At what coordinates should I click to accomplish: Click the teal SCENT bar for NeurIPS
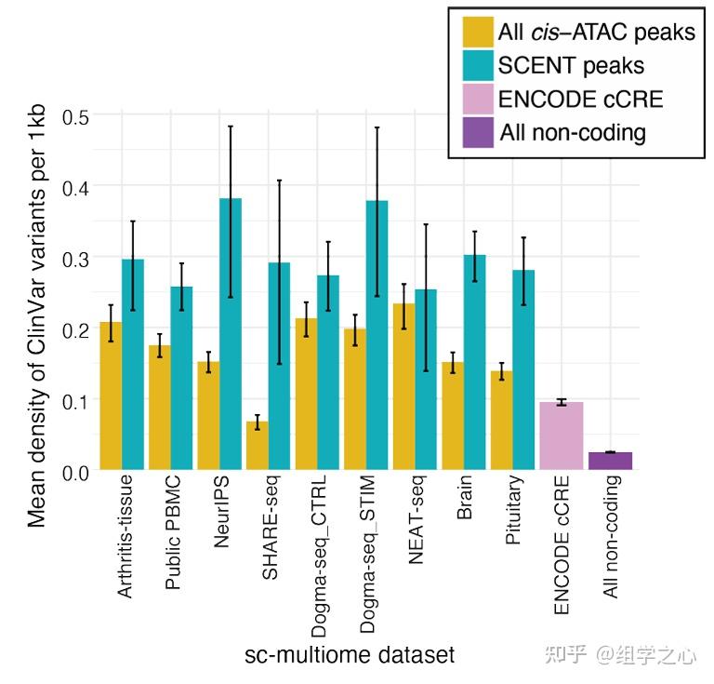click(230, 335)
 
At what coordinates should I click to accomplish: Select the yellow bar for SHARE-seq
click(257, 446)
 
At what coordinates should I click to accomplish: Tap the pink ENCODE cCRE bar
click(561, 436)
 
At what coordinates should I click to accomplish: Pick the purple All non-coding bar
click(610, 461)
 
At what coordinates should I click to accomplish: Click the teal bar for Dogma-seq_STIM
click(377, 335)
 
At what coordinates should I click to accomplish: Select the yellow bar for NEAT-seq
click(403, 386)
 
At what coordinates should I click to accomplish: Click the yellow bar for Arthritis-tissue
click(111, 396)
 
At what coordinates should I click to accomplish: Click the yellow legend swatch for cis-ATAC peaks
click(478, 32)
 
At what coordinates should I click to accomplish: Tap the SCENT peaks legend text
click(571, 65)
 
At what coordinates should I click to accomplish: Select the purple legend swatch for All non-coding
click(478, 131)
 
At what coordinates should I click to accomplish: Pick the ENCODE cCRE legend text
click(580, 99)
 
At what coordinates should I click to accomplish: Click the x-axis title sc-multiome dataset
click(350, 655)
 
